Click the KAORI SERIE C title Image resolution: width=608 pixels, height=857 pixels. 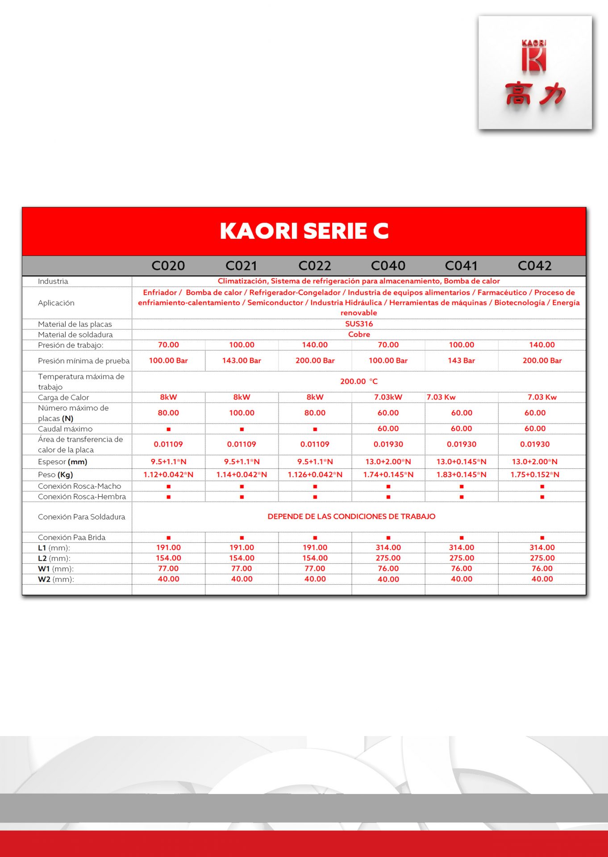304,231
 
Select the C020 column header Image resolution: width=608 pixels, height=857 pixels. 168,266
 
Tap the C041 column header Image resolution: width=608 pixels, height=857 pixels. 461,266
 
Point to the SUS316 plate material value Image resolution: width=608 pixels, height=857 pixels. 359,324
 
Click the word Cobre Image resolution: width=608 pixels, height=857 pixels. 359,334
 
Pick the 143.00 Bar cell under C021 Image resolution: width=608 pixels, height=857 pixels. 242,360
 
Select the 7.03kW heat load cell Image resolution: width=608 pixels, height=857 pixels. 388,397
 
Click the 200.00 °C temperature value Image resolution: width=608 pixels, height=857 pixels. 359,381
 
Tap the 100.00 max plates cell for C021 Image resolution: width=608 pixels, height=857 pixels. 242,413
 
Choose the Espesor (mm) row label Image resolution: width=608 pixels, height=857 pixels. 62,462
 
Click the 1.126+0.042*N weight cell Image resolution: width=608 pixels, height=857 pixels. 315,474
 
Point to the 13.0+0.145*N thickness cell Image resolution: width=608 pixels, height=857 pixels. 461,462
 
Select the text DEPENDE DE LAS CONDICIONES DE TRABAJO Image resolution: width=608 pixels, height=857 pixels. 351,516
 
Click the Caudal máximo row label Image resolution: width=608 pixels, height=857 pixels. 65,429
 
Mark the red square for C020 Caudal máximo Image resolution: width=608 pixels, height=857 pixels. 168,429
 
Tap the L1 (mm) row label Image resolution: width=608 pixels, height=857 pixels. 54,548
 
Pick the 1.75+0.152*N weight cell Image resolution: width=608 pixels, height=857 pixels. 535,474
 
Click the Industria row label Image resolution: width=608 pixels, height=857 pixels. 53,281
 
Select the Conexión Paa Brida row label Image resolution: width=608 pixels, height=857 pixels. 71,537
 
